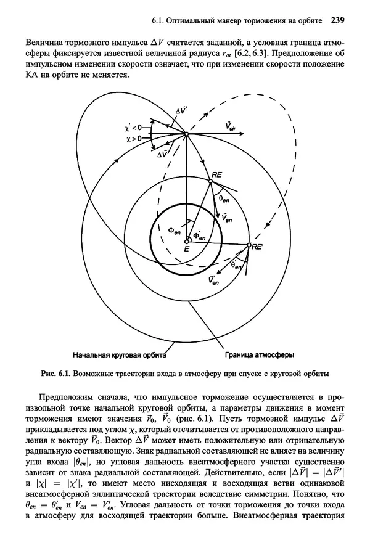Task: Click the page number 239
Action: pos(337,20)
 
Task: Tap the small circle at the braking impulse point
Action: pos(186,133)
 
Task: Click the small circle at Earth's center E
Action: pos(187,241)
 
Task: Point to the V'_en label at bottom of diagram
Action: pos(215,280)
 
